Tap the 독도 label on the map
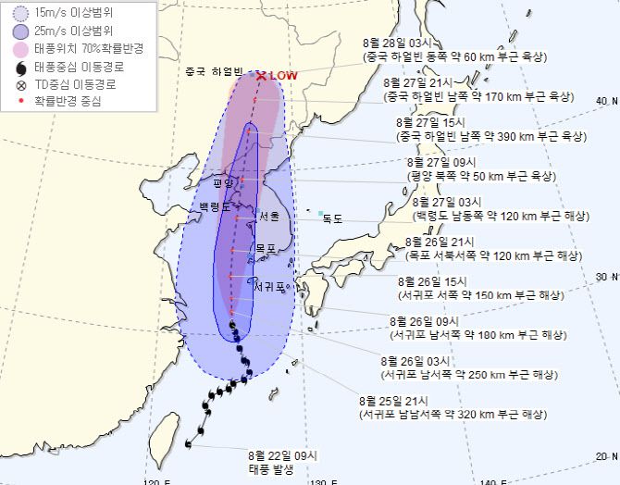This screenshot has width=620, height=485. click(332, 218)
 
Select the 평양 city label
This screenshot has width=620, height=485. click(225, 183)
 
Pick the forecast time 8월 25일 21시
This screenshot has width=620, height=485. click(395, 401)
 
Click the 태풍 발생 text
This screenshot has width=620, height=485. click(270, 470)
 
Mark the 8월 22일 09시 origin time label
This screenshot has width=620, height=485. click(283, 455)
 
